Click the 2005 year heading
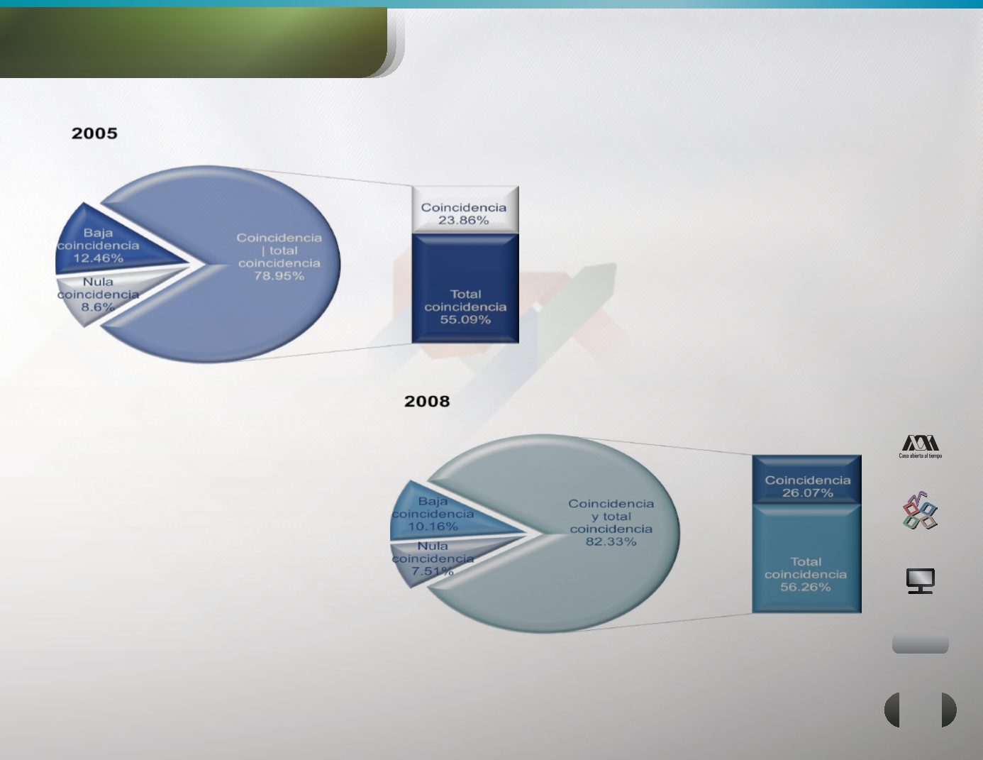click(94, 133)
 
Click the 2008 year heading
click(427, 402)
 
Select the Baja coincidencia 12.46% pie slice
click(109, 244)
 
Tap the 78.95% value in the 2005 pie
click(279, 275)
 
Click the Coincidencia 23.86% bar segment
click(465, 209)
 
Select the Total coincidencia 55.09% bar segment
click(465, 288)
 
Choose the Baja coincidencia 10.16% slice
click(443, 514)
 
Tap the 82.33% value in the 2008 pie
click(611, 541)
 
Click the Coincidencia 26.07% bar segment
click(806, 480)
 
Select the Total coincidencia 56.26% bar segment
click(806, 558)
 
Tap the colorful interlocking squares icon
click(920, 510)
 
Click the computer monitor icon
click(920, 580)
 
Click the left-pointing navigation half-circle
click(892, 710)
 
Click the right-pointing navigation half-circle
click(949, 710)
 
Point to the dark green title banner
click(194, 43)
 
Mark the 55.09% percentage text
click(465, 319)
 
